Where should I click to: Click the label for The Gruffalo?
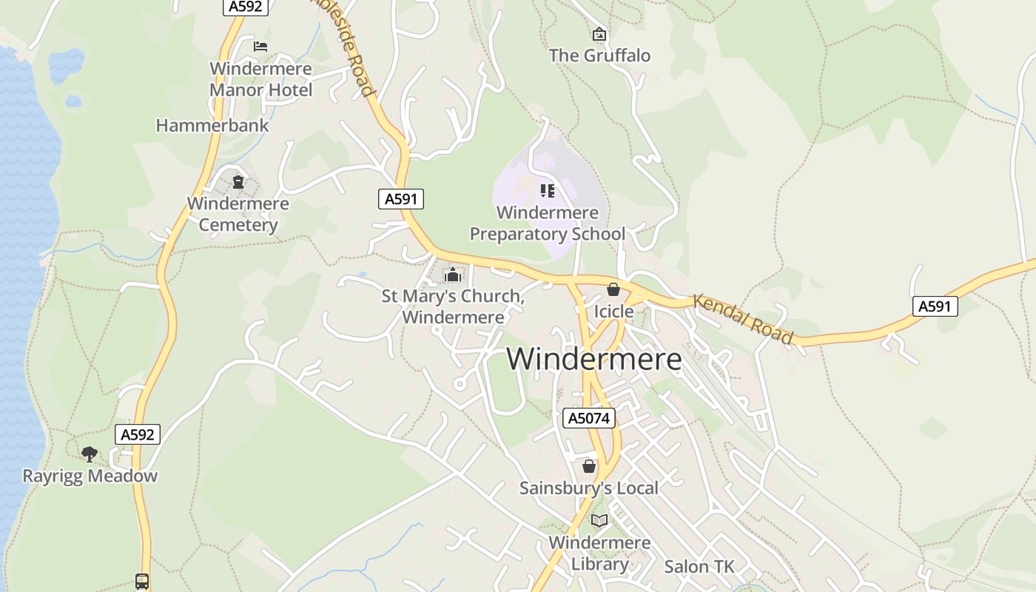599,55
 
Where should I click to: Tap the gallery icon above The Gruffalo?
599,34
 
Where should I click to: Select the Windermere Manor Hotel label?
260,79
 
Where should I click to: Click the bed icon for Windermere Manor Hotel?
260,46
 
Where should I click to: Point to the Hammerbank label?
212,126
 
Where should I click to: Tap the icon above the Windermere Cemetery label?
238,181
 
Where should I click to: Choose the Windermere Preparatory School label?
548,223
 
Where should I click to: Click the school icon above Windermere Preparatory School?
548,191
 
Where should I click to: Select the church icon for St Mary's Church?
453,275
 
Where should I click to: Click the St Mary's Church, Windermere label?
453,307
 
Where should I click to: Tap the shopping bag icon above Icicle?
613,289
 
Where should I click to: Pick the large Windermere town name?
594,360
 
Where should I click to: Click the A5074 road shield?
589,418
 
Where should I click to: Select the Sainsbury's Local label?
589,488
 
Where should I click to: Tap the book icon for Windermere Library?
599,521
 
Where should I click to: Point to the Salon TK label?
699,567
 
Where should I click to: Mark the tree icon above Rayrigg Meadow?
90,454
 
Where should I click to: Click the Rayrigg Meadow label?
90,476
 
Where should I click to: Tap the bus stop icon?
142,582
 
